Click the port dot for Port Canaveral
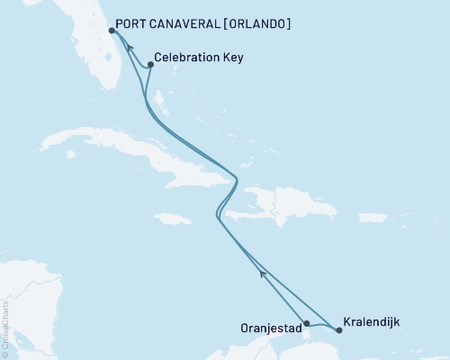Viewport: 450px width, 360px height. point(111,30)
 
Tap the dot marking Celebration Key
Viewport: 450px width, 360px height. point(150,64)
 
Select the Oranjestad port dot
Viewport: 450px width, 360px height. point(307,323)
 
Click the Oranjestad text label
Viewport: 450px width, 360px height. point(271,327)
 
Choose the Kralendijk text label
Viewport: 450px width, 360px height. point(372,321)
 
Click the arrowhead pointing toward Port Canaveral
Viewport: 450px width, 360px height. point(130,49)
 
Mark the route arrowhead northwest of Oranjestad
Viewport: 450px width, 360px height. point(262,274)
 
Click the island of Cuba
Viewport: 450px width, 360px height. point(135,158)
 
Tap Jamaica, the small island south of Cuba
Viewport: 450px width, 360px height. point(173,219)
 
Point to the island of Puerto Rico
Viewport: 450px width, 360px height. point(372,217)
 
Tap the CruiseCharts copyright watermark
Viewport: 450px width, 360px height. point(5,325)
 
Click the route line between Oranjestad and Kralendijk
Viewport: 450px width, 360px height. point(322,328)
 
